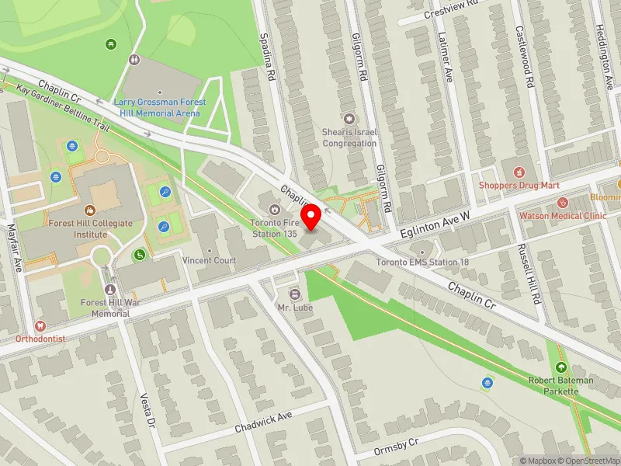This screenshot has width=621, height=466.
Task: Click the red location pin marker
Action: click(x=311, y=217)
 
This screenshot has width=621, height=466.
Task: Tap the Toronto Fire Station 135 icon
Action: click(x=273, y=209)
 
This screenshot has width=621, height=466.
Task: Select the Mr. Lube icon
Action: click(x=295, y=294)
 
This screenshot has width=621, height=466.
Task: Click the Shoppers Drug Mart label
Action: click(x=518, y=186)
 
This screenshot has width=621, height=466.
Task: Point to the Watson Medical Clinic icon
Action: click(x=562, y=203)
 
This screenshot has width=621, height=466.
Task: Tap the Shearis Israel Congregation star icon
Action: click(x=349, y=119)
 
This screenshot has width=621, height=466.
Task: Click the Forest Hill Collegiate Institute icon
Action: click(x=89, y=210)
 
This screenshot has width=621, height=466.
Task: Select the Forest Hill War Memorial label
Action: click(x=106, y=308)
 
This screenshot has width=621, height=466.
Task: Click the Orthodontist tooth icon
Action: click(x=40, y=326)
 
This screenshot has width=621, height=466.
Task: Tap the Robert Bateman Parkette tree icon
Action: click(x=560, y=367)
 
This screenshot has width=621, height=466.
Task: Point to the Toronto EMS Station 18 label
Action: click(x=422, y=263)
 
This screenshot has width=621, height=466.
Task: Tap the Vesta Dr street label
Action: click(x=147, y=410)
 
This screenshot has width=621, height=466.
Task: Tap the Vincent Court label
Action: click(x=209, y=261)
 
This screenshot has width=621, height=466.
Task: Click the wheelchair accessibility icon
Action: click(x=141, y=254)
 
